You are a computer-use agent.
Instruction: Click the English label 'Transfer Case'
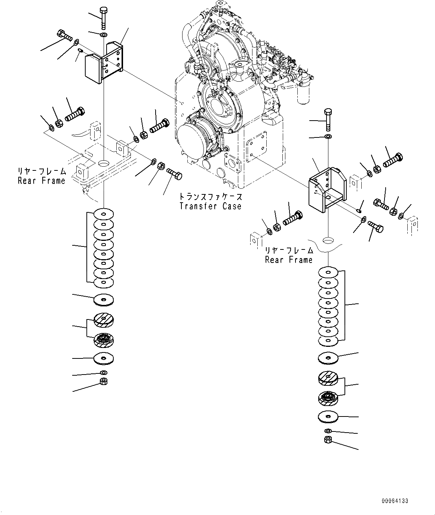(x=210, y=206)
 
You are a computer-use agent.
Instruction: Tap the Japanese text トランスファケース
(x=210, y=197)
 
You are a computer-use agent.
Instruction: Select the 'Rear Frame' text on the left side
(x=42, y=181)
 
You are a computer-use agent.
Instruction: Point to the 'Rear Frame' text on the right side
(x=289, y=260)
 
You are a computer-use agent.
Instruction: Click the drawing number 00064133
(x=395, y=500)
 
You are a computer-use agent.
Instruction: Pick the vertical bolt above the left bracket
(x=104, y=17)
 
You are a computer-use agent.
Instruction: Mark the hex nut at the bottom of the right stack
(x=328, y=440)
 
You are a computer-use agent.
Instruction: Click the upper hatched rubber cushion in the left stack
(x=104, y=319)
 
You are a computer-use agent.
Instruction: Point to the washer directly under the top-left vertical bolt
(x=104, y=35)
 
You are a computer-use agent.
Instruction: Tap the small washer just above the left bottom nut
(x=104, y=373)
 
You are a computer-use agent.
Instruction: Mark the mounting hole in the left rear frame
(x=104, y=164)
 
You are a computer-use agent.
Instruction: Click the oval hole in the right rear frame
(x=328, y=240)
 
